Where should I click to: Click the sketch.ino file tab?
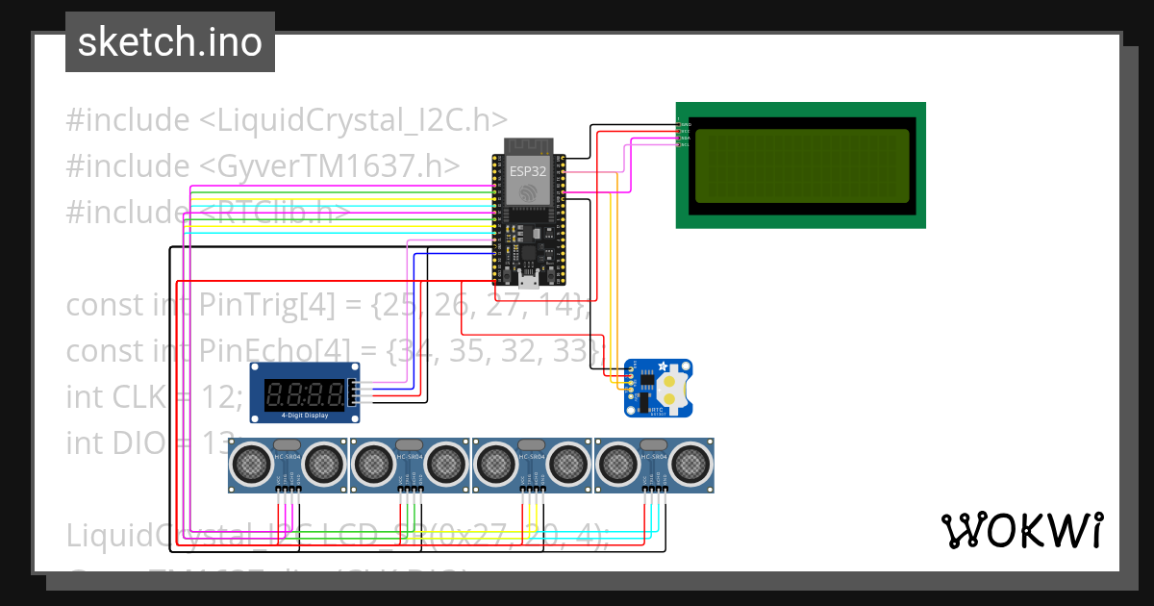coord(170,42)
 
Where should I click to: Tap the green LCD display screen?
coord(801,165)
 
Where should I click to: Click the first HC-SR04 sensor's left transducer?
coord(252,465)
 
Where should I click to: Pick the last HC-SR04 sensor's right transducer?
coord(690,465)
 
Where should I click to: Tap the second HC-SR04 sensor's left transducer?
coord(374,465)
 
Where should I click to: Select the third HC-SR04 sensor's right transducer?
coord(569,465)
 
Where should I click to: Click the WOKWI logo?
coord(1021,530)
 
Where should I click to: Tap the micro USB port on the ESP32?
coord(527,279)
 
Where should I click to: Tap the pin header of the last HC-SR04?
coord(655,490)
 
